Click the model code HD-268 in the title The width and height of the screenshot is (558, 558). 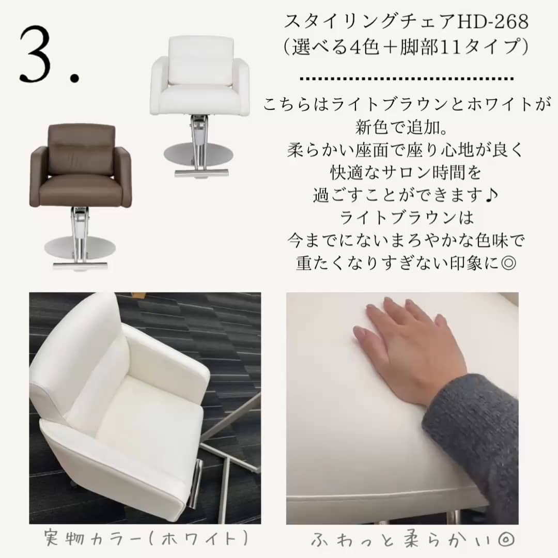tap(492, 22)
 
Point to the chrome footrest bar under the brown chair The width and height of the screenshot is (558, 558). tap(80, 265)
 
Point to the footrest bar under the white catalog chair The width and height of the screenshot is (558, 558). tap(202, 173)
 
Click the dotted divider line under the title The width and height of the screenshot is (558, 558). tap(407, 79)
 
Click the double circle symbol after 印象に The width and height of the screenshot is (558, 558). tap(508, 263)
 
